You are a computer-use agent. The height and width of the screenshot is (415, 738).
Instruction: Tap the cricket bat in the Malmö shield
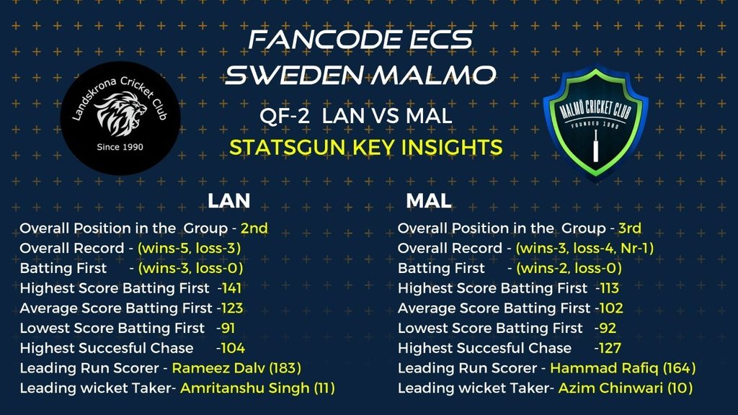(x=595, y=146)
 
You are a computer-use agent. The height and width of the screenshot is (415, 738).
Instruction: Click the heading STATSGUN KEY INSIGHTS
(x=365, y=147)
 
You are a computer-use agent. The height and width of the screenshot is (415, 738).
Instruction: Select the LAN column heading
(x=228, y=201)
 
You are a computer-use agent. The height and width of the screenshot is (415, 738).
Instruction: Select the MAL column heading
(x=428, y=201)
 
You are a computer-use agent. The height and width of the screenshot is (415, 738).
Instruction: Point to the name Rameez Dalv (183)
(x=236, y=368)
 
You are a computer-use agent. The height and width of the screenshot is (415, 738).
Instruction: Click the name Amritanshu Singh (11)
(x=257, y=388)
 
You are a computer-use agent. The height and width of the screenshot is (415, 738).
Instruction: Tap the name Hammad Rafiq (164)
(x=623, y=368)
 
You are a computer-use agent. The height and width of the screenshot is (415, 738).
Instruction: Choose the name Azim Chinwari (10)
(x=625, y=388)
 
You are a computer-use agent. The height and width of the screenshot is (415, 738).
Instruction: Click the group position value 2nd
(x=254, y=228)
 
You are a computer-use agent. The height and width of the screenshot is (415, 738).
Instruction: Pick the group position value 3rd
(x=630, y=228)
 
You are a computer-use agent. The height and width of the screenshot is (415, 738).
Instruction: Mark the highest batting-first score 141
(x=231, y=288)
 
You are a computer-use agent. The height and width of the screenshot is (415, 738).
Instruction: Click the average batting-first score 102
(x=611, y=308)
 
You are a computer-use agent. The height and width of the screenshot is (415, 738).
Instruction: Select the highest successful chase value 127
(x=609, y=348)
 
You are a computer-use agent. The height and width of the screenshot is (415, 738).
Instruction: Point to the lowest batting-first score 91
(x=227, y=328)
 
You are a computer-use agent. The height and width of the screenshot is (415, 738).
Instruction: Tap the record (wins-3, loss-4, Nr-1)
(x=584, y=249)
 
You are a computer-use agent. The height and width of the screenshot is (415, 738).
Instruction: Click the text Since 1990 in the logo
(x=120, y=147)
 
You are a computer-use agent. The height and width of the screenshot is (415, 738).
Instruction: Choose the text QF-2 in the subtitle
(x=285, y=116)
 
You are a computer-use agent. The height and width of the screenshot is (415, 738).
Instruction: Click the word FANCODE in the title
(x=324, y=40)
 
